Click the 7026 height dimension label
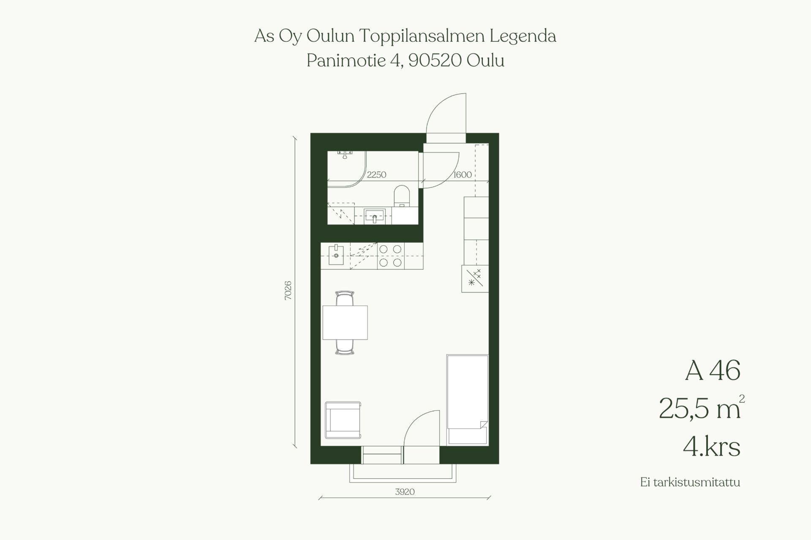coord(288,290)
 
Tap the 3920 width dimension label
coord(405,492)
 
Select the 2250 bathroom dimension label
coord(376,174)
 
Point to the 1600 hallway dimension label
coord(463,174)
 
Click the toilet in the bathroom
coord(402,197)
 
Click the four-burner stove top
coord(390,256)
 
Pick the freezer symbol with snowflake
coord(475,279)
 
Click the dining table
coord(345,323)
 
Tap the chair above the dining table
coord(345,298)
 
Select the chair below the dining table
coord(345,347)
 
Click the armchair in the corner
coord(343,420)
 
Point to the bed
coord(468,400)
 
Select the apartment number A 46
coord(713,371)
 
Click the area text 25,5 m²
coord(702,408)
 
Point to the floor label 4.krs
coord(712,447)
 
